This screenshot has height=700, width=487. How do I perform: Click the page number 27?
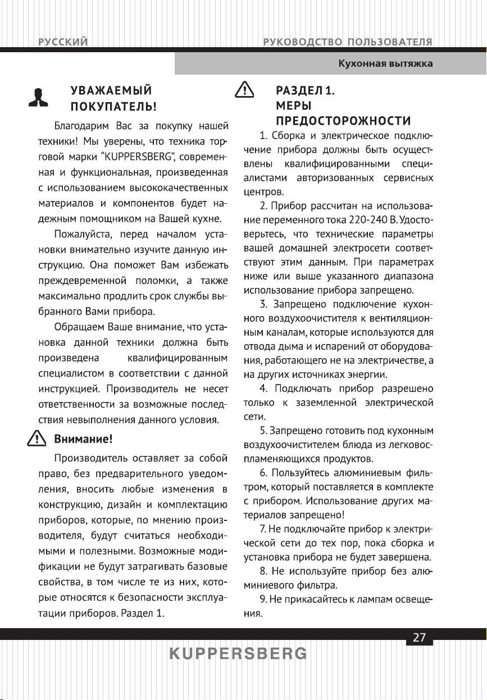click(419, 637)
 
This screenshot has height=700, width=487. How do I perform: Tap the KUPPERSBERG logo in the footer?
click(239, 653)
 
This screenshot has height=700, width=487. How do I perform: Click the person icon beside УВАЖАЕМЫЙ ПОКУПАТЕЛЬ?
click(39, 98)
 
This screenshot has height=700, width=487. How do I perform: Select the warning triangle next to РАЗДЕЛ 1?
click(244, 91)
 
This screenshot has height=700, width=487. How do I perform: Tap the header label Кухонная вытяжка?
click(385, 63)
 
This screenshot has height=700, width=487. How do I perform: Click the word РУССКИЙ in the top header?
click(62, 42)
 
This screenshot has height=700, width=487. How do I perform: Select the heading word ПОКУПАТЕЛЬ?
click(112, 106)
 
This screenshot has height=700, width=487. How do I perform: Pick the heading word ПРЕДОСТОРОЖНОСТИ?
click(343, 121)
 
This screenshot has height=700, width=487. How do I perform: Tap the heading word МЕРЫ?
click(294, 106)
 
